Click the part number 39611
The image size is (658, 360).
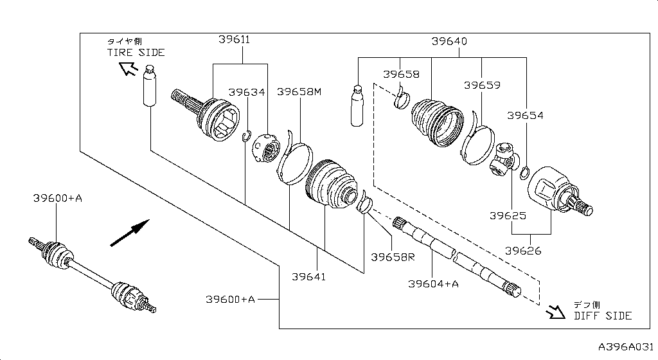click(234, 40)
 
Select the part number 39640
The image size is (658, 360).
click(449, 41)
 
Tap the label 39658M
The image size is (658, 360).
click(299, 92)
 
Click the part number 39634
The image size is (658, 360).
click(247, 92)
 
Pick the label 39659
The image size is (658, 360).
click(482, 85)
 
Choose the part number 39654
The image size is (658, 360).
click(525, 116)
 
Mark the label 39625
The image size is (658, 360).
click(508, 216)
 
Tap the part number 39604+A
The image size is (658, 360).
click(434, 283)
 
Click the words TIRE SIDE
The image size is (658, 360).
click(136, 53)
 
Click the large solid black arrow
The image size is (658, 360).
click(130, 232)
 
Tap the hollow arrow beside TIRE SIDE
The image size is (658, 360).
click(128, 68)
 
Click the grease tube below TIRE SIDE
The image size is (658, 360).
click(150, 84)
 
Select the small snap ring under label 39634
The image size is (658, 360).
click(246, 134)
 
